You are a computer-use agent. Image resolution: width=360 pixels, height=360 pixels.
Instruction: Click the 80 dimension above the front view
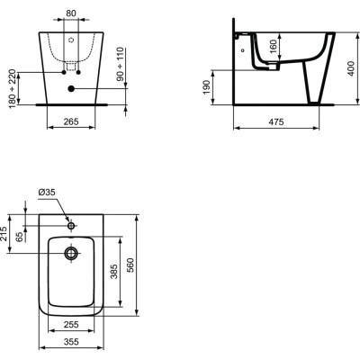pos(72,14)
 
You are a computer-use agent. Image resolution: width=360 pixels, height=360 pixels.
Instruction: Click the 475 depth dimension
pos(278,121)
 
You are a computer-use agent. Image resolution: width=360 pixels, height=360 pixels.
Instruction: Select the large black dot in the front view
pos(72,87)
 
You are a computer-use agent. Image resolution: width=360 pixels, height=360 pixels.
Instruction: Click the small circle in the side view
pos(244,52)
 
